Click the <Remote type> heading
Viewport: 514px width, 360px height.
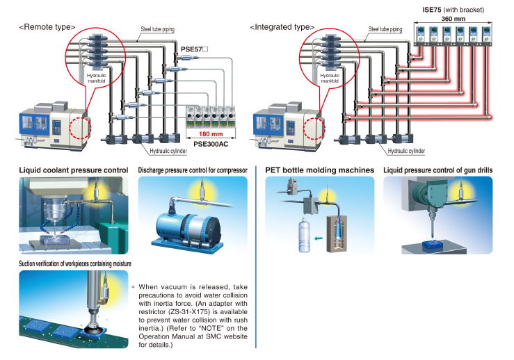(x=47, y=27)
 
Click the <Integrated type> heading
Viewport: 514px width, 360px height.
(x=284, y=27)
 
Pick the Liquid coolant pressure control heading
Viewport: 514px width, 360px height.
(x=73, y=170)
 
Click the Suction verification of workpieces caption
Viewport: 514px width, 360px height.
(x=75, y=263)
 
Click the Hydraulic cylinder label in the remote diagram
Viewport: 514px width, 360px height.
(x=168, y=150)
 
